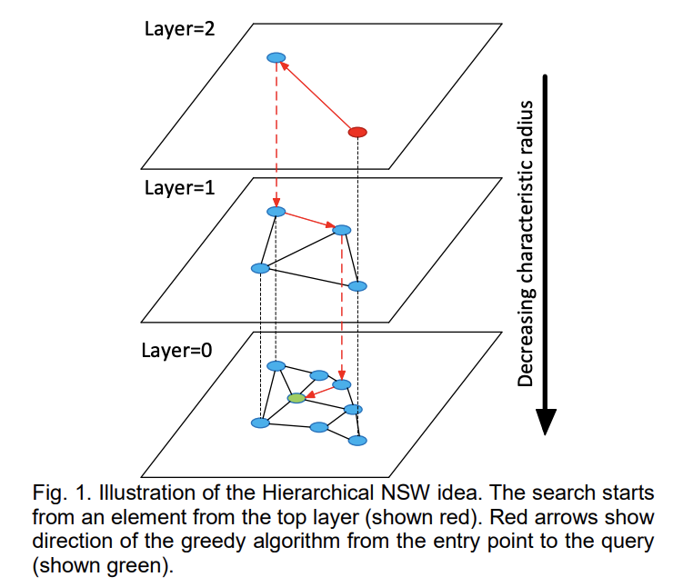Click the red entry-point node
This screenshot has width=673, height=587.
point(357,133)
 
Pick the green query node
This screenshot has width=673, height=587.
point(296,398)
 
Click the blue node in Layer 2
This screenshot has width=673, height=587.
point(276,57)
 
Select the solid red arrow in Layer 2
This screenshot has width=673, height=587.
point(317,95)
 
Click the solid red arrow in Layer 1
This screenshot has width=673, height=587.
point(309,221)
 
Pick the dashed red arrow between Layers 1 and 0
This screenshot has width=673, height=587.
point(342,304)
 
